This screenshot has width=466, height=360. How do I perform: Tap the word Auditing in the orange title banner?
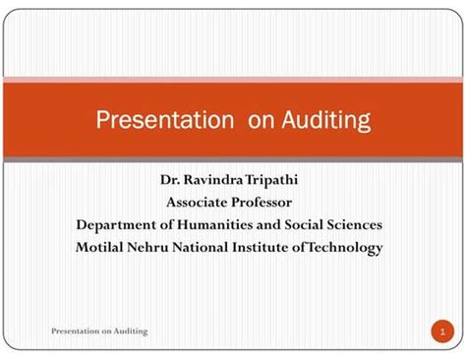(x=325, y=120)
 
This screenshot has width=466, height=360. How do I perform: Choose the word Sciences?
(x=354, y=225)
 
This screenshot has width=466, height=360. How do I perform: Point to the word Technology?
(x=345, y=247)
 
